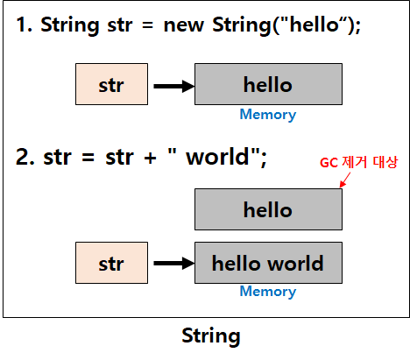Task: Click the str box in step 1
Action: pos(110,85)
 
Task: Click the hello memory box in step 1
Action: pos(267,85)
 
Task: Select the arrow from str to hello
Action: pos(173,86)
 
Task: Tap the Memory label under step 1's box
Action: pos(267,114)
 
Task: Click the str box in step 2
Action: pos(110,263)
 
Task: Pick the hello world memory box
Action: pos(267,263)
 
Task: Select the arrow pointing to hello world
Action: pos(173,263)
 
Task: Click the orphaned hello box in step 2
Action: pos(267,209)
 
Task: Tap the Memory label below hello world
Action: pos(267,292)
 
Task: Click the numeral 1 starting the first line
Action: pos(21,26)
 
